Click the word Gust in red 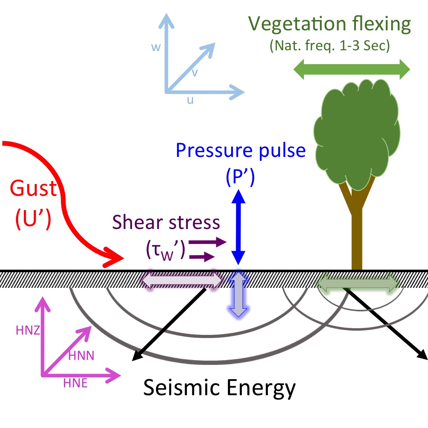(x=33, y=188)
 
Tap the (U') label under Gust (x=33, y=218)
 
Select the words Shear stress (x=166, y=222)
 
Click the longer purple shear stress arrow (x=207, y=243)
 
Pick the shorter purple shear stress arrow (x=202, y=256)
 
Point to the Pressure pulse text (x=241, y=151)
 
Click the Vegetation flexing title (x=330, y=24)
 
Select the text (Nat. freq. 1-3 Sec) (x=330, y=46)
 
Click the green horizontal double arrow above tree (x=352, y=69)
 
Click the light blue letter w (x=156, y=47)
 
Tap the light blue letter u (x=190, y=100)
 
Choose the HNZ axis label (x=27, y=330)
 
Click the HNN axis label (x=81, y=356)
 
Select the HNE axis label (x=75, y=383)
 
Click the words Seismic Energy (x=219, y=387)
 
